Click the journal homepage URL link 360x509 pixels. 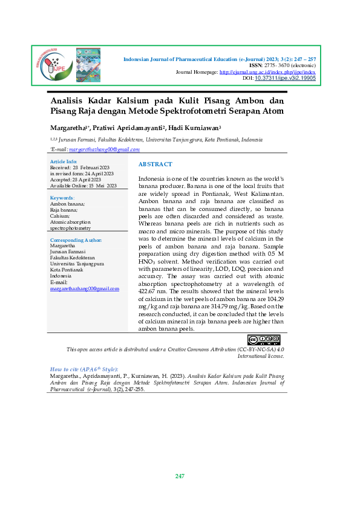267,72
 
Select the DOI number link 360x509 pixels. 285,79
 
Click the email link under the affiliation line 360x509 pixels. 104,149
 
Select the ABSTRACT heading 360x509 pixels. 155,164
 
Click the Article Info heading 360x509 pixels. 63,162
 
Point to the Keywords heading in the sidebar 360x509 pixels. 62,198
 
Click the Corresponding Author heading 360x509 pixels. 76,240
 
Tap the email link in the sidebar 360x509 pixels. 84,289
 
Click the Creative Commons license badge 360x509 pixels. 264,340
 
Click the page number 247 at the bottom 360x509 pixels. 180,476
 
